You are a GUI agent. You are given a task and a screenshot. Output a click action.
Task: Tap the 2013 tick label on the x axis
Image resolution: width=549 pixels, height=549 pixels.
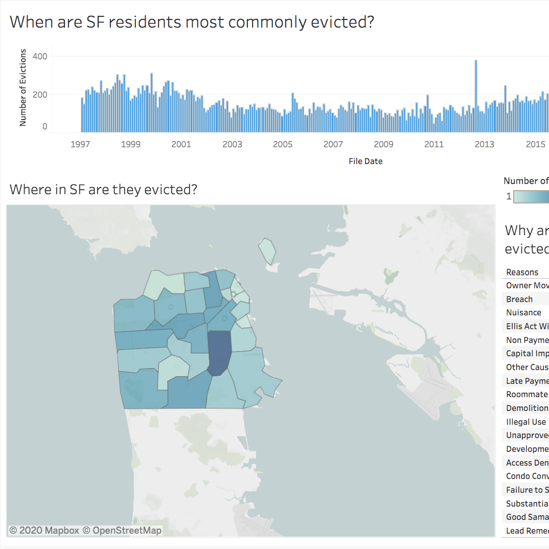(484, 145)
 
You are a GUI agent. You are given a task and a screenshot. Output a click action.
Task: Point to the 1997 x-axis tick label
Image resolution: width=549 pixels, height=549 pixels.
(80, 145)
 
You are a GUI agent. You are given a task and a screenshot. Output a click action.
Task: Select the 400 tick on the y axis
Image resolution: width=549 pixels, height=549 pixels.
(40, 56)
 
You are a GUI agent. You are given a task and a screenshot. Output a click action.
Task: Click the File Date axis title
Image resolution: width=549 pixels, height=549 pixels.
(365, 161)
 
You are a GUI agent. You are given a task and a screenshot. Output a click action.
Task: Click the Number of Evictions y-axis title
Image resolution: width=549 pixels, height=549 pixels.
(23, 87)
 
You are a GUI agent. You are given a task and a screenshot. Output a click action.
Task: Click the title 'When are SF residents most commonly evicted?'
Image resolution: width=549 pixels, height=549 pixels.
(192, 22)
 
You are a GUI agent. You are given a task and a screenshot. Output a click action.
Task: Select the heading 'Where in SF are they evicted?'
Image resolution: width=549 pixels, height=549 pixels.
(103, 190)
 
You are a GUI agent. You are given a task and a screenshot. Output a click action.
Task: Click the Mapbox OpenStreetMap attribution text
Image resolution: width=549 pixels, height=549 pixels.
(85, 531)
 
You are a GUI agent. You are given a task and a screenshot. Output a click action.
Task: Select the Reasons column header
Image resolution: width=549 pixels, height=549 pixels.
(522, 272)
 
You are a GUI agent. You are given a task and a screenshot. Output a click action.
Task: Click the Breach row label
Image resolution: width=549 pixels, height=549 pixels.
(519, 300)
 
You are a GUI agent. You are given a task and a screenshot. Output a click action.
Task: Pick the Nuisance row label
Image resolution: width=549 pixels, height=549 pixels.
(523, 313)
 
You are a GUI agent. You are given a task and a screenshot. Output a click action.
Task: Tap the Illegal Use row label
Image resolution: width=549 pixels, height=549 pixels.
(526, 422)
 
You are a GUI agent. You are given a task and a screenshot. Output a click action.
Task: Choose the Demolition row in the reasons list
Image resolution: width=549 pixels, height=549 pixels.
(527, 408)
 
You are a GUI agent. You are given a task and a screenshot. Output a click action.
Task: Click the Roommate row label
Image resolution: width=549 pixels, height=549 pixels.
(527, 395)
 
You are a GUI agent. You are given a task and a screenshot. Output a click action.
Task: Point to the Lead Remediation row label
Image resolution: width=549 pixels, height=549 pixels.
(527, 531)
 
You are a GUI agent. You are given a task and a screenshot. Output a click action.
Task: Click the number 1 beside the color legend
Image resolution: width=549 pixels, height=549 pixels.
(509, 196)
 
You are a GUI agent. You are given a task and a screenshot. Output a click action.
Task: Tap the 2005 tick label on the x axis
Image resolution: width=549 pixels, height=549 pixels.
(282, 145)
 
